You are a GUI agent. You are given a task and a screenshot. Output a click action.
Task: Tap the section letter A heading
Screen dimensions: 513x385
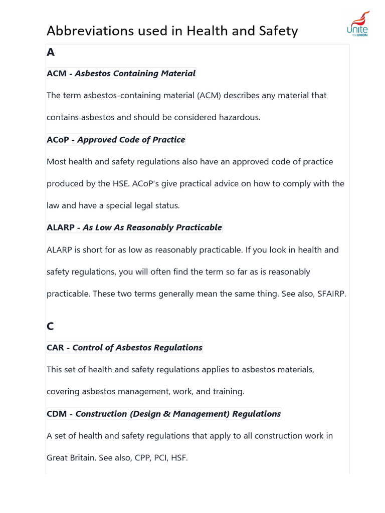pos(50,52)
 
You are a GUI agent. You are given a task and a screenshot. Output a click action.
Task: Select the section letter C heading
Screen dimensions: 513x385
pos(50,326)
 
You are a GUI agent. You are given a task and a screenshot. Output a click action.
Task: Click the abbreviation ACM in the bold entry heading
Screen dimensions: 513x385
pos(57,74)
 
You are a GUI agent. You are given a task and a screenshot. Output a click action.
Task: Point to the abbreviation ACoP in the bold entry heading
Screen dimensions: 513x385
pos(58,140)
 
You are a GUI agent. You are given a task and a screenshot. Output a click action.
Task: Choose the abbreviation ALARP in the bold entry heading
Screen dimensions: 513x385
pos(61,227)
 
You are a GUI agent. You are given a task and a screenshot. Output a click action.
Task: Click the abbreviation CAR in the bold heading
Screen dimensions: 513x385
pos(55,348)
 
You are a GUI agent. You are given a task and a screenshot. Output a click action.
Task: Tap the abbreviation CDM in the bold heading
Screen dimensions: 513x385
pos(57,414)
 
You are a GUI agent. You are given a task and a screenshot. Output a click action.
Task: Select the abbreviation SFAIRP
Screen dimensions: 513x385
pos(331,294)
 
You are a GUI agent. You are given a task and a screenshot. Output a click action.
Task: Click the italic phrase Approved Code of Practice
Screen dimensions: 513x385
pos(131,140)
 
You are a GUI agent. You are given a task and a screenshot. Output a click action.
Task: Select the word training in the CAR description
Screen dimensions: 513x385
pos(228,392)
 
